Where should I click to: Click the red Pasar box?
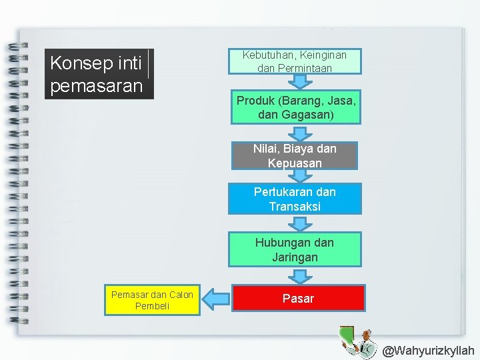(x=298, y=298)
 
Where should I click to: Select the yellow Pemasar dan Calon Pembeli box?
(x=152, y=301)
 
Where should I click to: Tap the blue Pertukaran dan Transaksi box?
(x=295, y=199)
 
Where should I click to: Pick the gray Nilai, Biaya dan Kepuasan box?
(x=295, y=156)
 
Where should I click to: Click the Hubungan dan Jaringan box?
(x=295, y=249)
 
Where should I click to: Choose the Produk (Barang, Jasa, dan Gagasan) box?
(x=296, y=107)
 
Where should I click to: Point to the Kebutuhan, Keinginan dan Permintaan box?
(x=294, y=61)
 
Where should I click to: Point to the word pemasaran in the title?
(x=97, y=87)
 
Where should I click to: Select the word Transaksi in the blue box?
(x=295, y=207)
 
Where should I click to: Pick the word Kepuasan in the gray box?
(x=295, y=163)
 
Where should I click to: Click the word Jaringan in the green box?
(x=295, y=257)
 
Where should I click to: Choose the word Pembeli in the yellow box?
(x=152, y=307)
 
